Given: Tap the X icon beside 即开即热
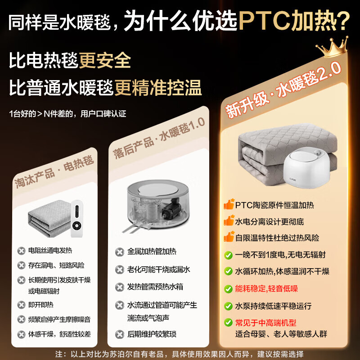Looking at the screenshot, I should (x=21, y=305).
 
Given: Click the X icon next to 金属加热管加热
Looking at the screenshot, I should (x=119, y=252).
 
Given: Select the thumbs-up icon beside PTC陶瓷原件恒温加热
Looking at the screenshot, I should (x=229, y=205).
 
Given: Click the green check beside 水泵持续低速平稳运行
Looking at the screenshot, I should (x=229, y=306).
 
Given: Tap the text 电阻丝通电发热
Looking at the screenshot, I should (x=50, y=251).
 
